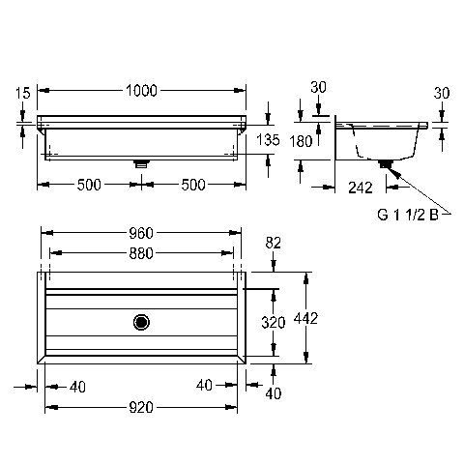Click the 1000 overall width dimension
click(141, 91)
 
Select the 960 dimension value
click(141, 233)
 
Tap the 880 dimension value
click(141, 253)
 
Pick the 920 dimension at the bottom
click(141, 408)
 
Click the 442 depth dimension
click(305, 318)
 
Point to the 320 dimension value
click(274, 323)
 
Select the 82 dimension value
click(274, 243)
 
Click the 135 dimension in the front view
click(268, 140)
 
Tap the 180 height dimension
click(301, 141)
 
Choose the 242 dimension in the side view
click(361, 188)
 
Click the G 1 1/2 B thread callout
click(408, 215)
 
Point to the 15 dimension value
click(23, 93)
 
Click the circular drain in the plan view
click(141, 322)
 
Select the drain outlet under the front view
click(141, 163)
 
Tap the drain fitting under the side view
click(386, 163)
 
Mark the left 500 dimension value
click(89, 185)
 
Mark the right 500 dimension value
click(193, 185)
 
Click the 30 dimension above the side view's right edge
click(442, 93)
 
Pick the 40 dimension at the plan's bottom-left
click(77, 387)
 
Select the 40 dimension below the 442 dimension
click(274, 393)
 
